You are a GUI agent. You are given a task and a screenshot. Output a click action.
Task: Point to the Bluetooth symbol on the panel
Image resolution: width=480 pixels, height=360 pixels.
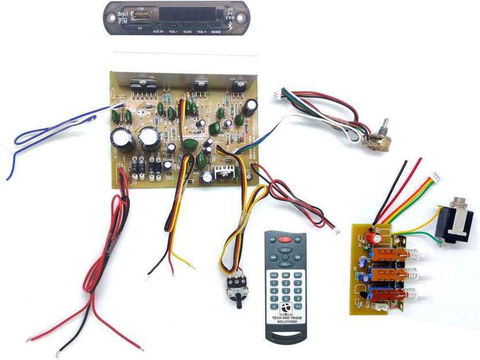(x=230, y=26)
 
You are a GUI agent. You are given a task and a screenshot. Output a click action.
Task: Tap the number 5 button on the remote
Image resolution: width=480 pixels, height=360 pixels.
(x=285, y=291)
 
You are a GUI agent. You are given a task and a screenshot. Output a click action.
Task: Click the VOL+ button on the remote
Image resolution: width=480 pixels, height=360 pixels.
(x=285, y=250)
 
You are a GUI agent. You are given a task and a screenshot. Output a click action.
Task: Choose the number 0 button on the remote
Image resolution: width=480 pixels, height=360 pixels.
(x=273, y=307)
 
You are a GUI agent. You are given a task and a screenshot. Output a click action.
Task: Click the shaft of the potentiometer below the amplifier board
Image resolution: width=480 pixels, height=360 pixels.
(x=238, y=301)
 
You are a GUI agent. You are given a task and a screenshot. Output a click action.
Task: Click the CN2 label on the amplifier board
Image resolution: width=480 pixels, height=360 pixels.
(x=120, y=164)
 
